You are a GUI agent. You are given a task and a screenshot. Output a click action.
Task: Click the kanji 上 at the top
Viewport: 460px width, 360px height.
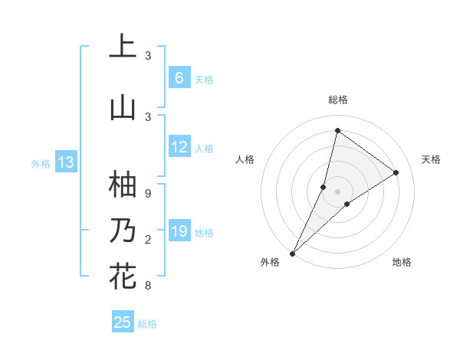coord(123,46)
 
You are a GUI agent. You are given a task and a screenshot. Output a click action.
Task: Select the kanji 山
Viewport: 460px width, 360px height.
coord(123,107)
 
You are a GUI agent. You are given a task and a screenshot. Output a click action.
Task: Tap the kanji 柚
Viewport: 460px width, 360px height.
coord(123,184)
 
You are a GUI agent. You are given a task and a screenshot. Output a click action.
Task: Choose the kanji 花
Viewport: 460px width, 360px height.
coord(123,276)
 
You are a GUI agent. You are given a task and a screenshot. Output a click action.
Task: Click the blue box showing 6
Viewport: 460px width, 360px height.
coord(179,78)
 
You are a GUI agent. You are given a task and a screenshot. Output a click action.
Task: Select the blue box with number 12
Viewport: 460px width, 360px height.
coord(179,148)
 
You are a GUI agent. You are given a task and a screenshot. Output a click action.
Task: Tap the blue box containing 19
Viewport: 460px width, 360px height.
coord(179,232)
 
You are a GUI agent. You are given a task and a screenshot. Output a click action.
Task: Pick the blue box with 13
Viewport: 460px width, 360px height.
coord(65,162)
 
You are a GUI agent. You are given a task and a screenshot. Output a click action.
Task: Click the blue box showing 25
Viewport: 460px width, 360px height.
coord(123,322)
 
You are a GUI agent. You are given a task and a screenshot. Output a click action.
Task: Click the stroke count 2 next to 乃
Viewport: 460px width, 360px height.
coord(148,241)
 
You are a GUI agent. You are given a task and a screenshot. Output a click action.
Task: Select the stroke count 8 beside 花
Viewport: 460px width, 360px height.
coord(148,286)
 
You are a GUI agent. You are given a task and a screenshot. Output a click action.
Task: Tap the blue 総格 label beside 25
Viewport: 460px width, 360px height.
coord(147,324)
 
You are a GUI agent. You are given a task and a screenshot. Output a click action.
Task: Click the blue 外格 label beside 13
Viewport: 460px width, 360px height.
coord(40,163)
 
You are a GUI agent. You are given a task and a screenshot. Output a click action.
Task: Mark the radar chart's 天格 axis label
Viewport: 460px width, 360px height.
coord(432,159)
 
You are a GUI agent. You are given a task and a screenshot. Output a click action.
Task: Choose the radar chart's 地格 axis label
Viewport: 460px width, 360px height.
coord(402,262)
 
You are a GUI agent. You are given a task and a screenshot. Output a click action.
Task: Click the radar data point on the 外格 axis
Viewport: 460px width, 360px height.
coord(292,253)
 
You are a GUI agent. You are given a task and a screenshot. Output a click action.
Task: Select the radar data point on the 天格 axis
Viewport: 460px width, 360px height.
coord(396,172)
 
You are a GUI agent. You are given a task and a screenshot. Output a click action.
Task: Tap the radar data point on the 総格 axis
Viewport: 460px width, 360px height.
coord(337,130)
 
